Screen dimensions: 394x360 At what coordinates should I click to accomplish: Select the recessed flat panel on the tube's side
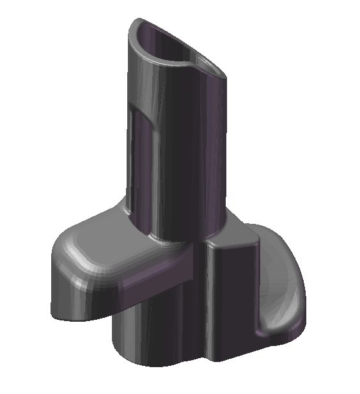pos(139,160)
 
